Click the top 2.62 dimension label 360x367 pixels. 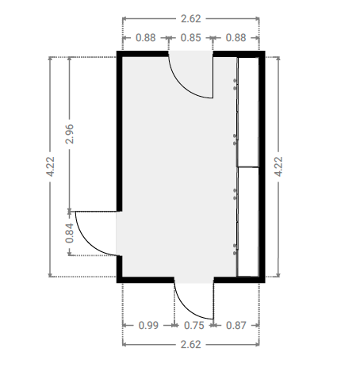coord(191,19)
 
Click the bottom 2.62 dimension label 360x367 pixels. coord(191,345)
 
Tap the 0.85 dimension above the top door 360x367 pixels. coord(191,38)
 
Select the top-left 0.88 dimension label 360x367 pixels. coord(146,38)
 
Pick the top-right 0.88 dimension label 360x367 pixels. coord(236,38)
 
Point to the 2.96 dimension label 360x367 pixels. coord(70,134)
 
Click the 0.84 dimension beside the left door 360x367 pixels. coord(70,233)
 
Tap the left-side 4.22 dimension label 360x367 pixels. coord(50,166)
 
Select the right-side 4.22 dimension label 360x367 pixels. coord(278,166)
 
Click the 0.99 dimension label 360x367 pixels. coord(148,326)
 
